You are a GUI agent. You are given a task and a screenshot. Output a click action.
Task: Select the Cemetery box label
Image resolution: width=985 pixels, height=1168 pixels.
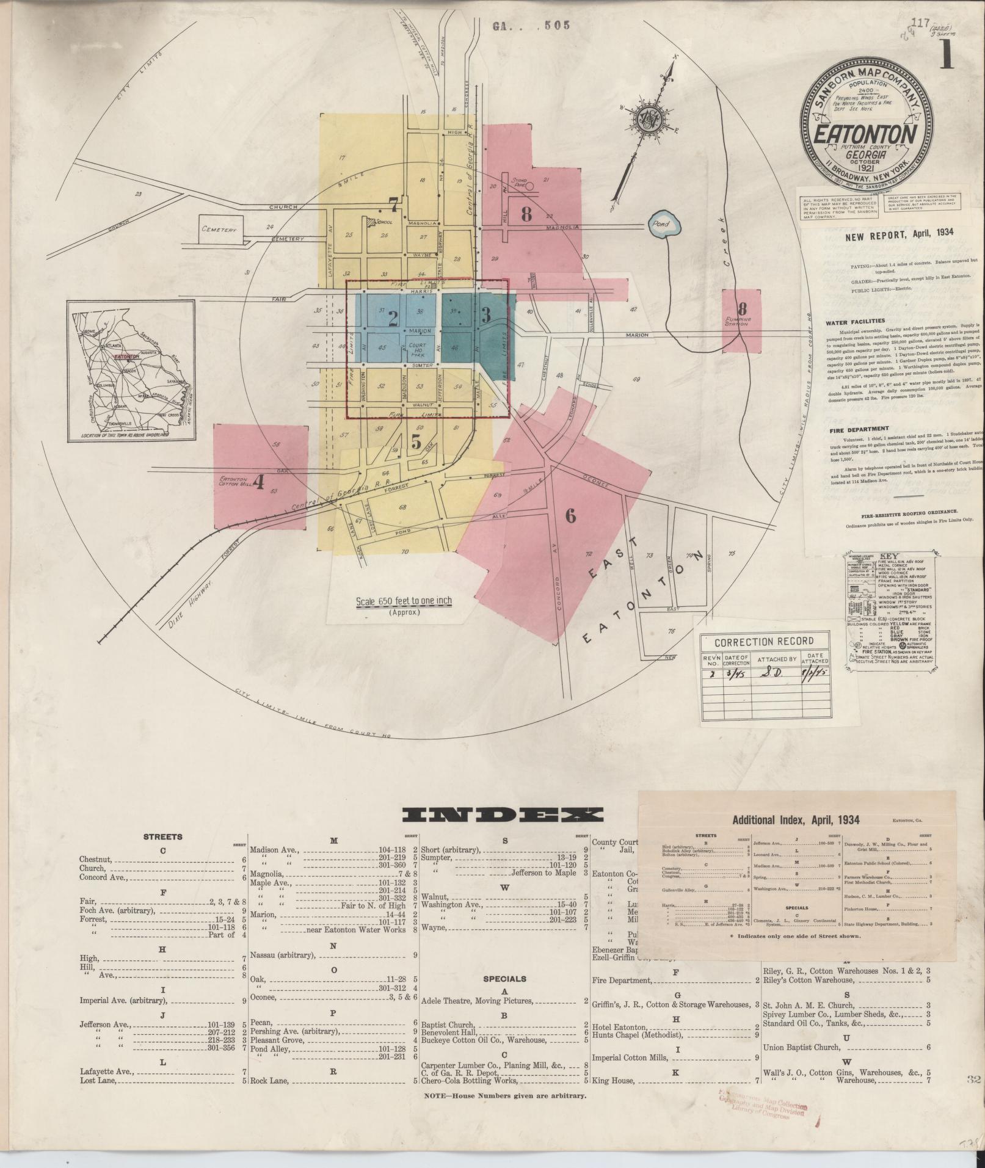click(x=219, y=230)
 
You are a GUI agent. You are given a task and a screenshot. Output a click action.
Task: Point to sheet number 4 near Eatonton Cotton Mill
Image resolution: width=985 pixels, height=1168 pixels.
click(x=258, y=483)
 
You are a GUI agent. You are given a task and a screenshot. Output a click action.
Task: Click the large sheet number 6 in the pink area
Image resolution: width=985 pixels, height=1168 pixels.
click(x=570, y=517)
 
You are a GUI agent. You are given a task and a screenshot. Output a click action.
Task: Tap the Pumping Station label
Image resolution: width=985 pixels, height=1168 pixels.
click(x=738, y=321)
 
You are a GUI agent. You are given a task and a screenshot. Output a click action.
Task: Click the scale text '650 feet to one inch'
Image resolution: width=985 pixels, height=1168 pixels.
click(x=404, y=601)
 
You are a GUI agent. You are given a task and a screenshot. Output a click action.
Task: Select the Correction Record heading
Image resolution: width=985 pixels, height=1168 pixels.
click(x=764, y=641)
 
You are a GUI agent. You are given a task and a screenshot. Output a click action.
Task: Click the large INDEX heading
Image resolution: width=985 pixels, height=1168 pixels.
click(x=503, y=814)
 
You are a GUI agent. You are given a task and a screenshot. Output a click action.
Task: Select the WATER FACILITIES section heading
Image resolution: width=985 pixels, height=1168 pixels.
click(x=855, y=321)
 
